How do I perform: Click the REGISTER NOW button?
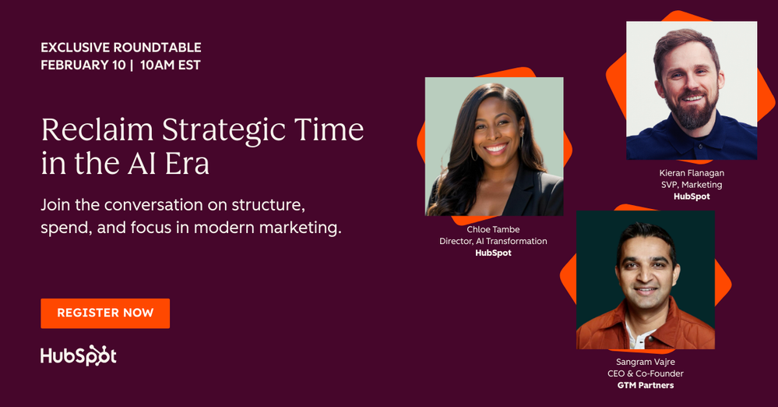(x=105, y=313)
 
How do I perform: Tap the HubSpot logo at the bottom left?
(x=79, y=356)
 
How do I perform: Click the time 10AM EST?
(x=171, y=65)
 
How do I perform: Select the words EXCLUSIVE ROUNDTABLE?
(x=121, y=48)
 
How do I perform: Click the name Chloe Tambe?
(x=493, y=229)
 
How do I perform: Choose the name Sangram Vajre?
(x=645, y=362)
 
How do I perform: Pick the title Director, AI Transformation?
(x=493, y=241)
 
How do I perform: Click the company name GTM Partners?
(x=645, y=385)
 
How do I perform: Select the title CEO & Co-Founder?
(x=645, y=373)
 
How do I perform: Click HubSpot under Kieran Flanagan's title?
(x=692, y=196)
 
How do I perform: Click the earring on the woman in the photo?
(x=472, y=155)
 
